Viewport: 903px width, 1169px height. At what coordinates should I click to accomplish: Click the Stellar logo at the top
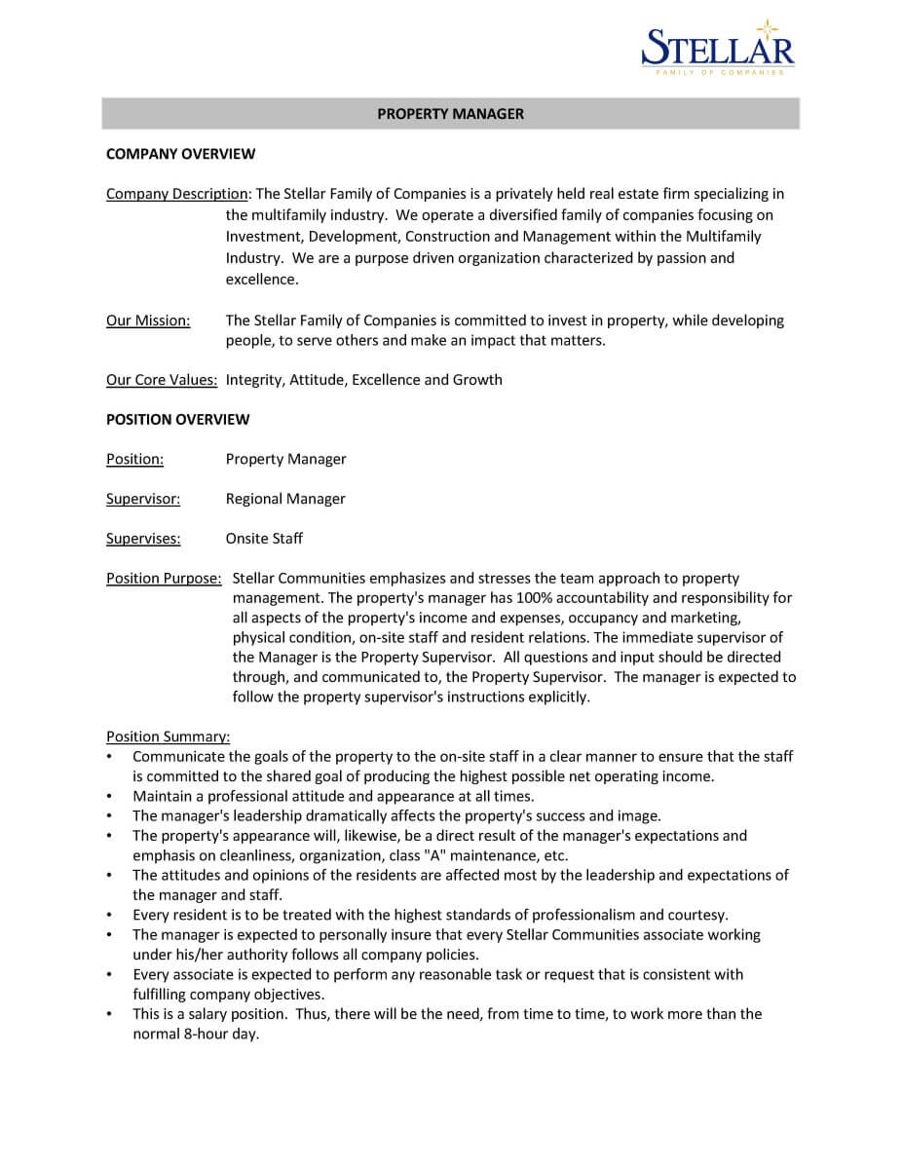point(718,48)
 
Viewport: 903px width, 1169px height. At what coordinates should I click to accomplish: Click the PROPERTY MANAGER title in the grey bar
point(450,114)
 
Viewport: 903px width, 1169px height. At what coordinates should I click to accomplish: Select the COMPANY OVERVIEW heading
point(180,154)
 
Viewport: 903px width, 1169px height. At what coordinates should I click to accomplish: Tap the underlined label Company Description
point(177,194)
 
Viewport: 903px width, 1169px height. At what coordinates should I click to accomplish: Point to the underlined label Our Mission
point(147,321)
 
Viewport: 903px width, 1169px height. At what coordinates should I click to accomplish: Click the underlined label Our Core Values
point(161,380)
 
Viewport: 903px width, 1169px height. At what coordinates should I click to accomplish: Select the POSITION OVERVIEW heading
point(177,420)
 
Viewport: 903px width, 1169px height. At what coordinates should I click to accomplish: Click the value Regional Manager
point(285,499)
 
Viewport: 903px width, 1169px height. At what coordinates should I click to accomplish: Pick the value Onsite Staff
point(264,539)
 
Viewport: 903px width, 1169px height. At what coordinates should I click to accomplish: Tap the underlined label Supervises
point(142,539)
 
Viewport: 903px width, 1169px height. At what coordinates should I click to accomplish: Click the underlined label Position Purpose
point(163,579)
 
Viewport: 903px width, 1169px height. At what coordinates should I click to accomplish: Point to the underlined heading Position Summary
point(168,736)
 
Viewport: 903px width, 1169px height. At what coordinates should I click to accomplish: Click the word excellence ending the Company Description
point(260,280)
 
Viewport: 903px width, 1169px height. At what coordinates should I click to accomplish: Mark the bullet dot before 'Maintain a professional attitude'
point(110,797)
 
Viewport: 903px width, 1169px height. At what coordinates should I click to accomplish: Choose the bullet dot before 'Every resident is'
point(110,916)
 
